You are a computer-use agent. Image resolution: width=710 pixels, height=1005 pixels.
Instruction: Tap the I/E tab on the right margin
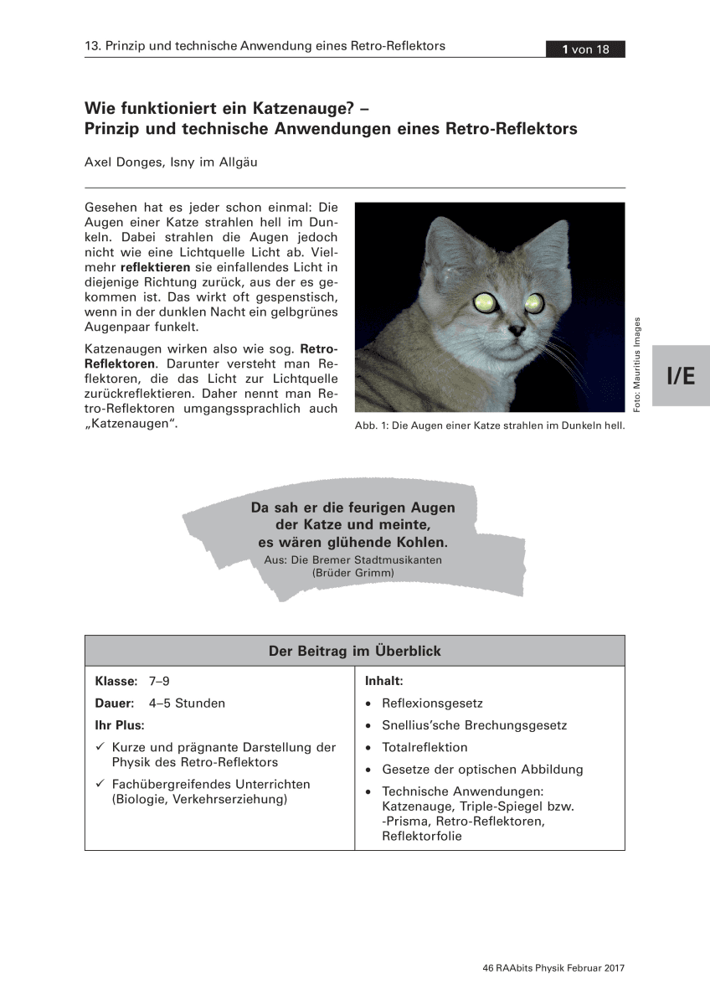coord(681,376)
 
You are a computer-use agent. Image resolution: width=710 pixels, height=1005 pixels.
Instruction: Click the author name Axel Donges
coord(125,162)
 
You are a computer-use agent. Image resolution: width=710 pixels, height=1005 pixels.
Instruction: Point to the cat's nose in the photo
coord(519,332)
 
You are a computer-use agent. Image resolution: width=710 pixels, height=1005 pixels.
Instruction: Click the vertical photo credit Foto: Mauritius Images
coord(637,363)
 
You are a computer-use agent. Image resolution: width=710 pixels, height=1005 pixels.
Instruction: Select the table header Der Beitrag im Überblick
coord(354,651)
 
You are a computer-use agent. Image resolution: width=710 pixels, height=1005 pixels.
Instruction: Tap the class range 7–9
coord(159,682)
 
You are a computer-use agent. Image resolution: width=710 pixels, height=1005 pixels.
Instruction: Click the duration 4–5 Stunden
coord(187,703)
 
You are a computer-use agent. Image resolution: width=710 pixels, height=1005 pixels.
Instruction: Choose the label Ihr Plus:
coord(120,725)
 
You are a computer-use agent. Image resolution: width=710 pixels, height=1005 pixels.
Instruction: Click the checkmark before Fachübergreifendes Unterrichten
coord(100,785)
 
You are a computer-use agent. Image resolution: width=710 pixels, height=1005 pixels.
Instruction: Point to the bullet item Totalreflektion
coord(424,747)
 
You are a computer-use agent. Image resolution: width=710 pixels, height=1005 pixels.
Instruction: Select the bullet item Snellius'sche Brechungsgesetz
coord(474,725)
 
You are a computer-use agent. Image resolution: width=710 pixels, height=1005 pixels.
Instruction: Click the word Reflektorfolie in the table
coord(422,836)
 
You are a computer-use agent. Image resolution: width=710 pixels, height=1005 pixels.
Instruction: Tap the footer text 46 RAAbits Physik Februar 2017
coord(553,968)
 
